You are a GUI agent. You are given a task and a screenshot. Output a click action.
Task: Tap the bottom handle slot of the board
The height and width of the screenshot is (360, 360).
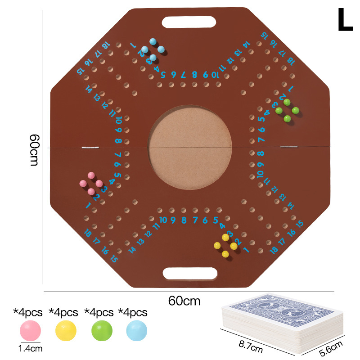(x=190, y=273)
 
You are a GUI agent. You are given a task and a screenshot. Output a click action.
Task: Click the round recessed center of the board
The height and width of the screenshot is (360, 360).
(x=189, y=147)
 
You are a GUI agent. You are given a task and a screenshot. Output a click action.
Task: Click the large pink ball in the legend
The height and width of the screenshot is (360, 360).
(x=30, y=331)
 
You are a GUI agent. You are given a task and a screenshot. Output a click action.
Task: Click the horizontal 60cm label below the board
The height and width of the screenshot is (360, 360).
(x=184, y=301)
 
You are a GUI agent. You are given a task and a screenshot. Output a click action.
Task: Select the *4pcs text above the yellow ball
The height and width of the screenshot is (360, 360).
(x=63, y=312)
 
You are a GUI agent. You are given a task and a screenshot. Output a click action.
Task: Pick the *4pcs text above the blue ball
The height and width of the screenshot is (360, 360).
(x=133, y=312)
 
